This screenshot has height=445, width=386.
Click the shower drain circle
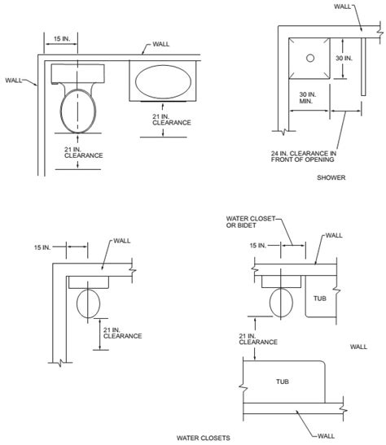pyautogui.click(x=310, y=59)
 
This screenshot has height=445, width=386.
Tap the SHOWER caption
pyautogui.click(x=331, y=177)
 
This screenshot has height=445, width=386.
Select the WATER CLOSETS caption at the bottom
pyautogui.click(x=204, y=438)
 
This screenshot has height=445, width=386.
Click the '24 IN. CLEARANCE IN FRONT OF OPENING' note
pyautogui.click(x=304, y=156)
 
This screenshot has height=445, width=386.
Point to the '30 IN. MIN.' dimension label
pyautogui.click(x=308, y=98)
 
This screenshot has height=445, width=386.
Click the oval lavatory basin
pyautogui.click(x=163, y=82)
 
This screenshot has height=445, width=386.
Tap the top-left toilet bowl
pyautogui.click(x=78, y=111)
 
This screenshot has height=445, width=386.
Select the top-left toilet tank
pyautogui.click(x=78, y=74)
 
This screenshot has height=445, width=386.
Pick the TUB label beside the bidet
pyautogui.click(x=320, y=299)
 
